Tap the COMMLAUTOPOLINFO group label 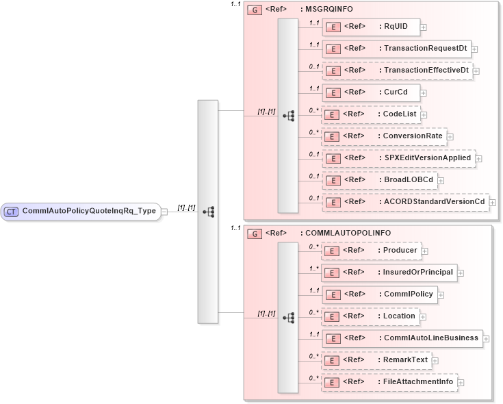pos(345,233)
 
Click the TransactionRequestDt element pos(396,49)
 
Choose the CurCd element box pos(370,92)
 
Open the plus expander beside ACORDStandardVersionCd pos(493,203)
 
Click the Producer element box pos(370,251)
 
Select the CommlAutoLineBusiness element pos(402,338)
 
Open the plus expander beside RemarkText pos(435,361)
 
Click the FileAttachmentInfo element pos(389,382)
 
